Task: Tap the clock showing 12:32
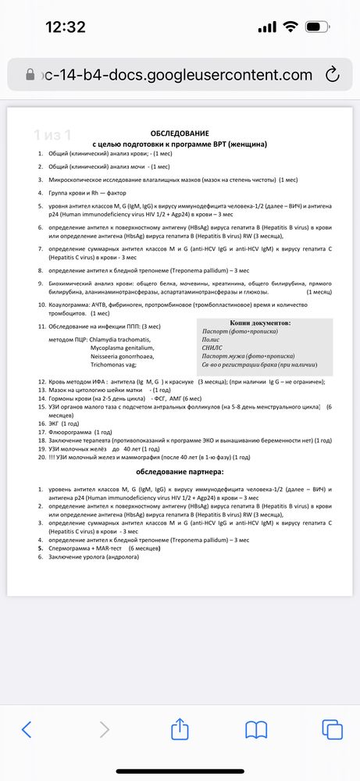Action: tap(66, 27)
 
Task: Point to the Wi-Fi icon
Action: tap(291, 27)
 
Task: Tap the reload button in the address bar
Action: tap(332, 74)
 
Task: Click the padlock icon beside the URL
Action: tap(30, 75)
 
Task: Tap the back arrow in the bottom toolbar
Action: tap(27, 729)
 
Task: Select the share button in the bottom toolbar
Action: tap(180, 728)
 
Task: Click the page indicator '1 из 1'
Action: tap(52, 134)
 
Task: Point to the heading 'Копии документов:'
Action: tap(261, 323)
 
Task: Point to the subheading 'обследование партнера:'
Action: tap(180, 473)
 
